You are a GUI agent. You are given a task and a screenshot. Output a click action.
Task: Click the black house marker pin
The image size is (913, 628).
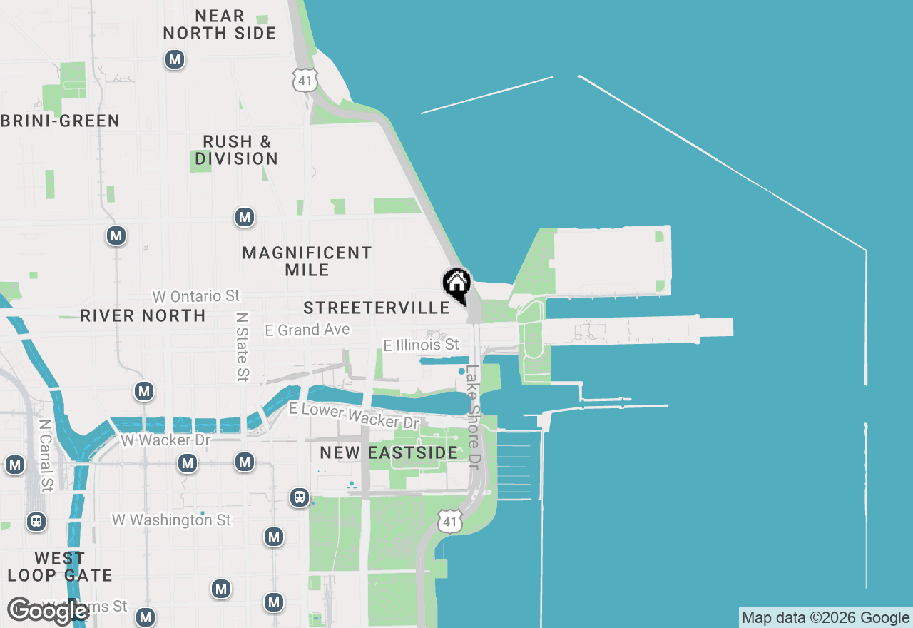(457, 283)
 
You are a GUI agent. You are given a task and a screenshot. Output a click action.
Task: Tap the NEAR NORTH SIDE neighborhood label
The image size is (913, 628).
(220, 24)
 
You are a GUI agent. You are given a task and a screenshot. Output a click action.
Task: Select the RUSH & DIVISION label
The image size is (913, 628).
(237, 150)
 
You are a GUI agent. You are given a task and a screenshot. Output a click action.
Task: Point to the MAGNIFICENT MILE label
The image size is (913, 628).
(307, 261)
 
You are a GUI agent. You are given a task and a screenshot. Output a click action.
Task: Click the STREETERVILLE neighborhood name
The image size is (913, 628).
(377, 308)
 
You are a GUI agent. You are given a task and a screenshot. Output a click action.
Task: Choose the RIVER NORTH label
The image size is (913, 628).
(143, 315)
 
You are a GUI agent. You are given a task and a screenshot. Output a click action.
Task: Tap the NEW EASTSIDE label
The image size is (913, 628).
(389, 452)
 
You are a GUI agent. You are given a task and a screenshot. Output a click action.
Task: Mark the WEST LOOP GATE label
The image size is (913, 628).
(60, 567)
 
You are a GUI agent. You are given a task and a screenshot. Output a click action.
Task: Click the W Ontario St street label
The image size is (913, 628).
(196, 296)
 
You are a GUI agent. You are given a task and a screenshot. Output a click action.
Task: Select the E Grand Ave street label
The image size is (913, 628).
(307, 330)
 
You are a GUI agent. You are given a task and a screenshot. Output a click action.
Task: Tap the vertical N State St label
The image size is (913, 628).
(243, 345)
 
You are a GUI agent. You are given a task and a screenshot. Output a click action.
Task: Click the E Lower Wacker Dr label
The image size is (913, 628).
(353, 415)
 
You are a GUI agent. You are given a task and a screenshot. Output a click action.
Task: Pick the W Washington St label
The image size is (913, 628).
(171, 520)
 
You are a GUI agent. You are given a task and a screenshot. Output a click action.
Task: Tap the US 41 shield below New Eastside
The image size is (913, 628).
(449, 522)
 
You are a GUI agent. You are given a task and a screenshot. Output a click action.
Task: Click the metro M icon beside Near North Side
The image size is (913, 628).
(175, 59)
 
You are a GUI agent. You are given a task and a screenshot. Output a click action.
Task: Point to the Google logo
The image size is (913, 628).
(48, 612)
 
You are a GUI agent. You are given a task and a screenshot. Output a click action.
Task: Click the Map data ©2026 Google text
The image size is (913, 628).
(825, 618)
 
